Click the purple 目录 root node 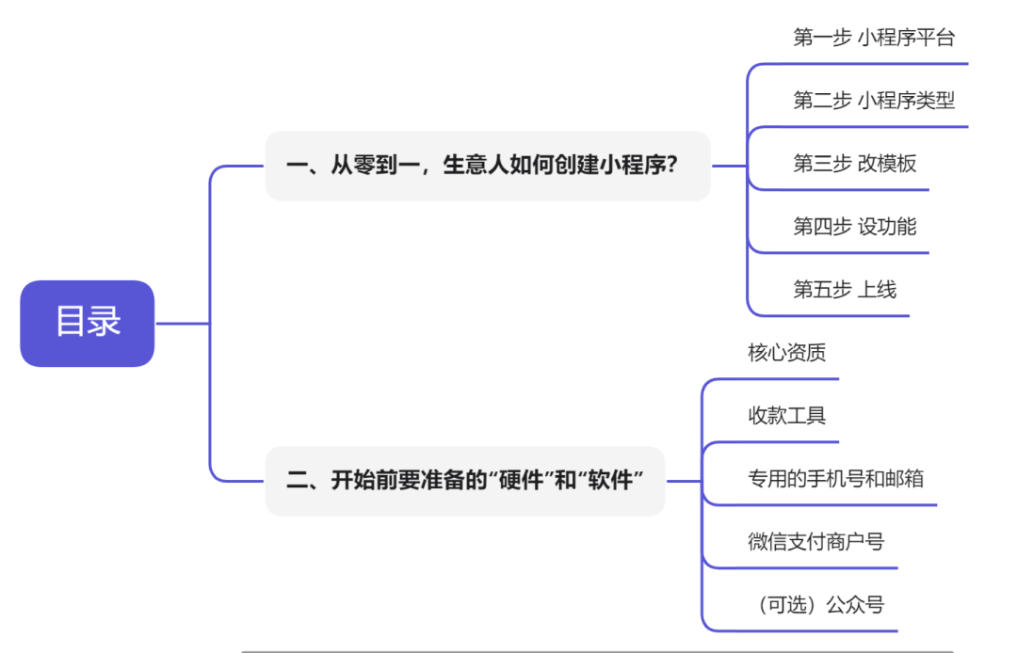87,323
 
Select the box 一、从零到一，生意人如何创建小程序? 487,166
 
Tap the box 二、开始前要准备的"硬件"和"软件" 465,481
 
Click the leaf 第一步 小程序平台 874,38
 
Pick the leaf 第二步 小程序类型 874,101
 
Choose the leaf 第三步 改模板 854,163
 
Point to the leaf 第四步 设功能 854,226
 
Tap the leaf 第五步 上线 845,289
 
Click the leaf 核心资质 786,353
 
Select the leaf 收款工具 786,415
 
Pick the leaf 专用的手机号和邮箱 835,478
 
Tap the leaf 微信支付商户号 815,541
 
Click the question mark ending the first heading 671,166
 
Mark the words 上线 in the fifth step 877,289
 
